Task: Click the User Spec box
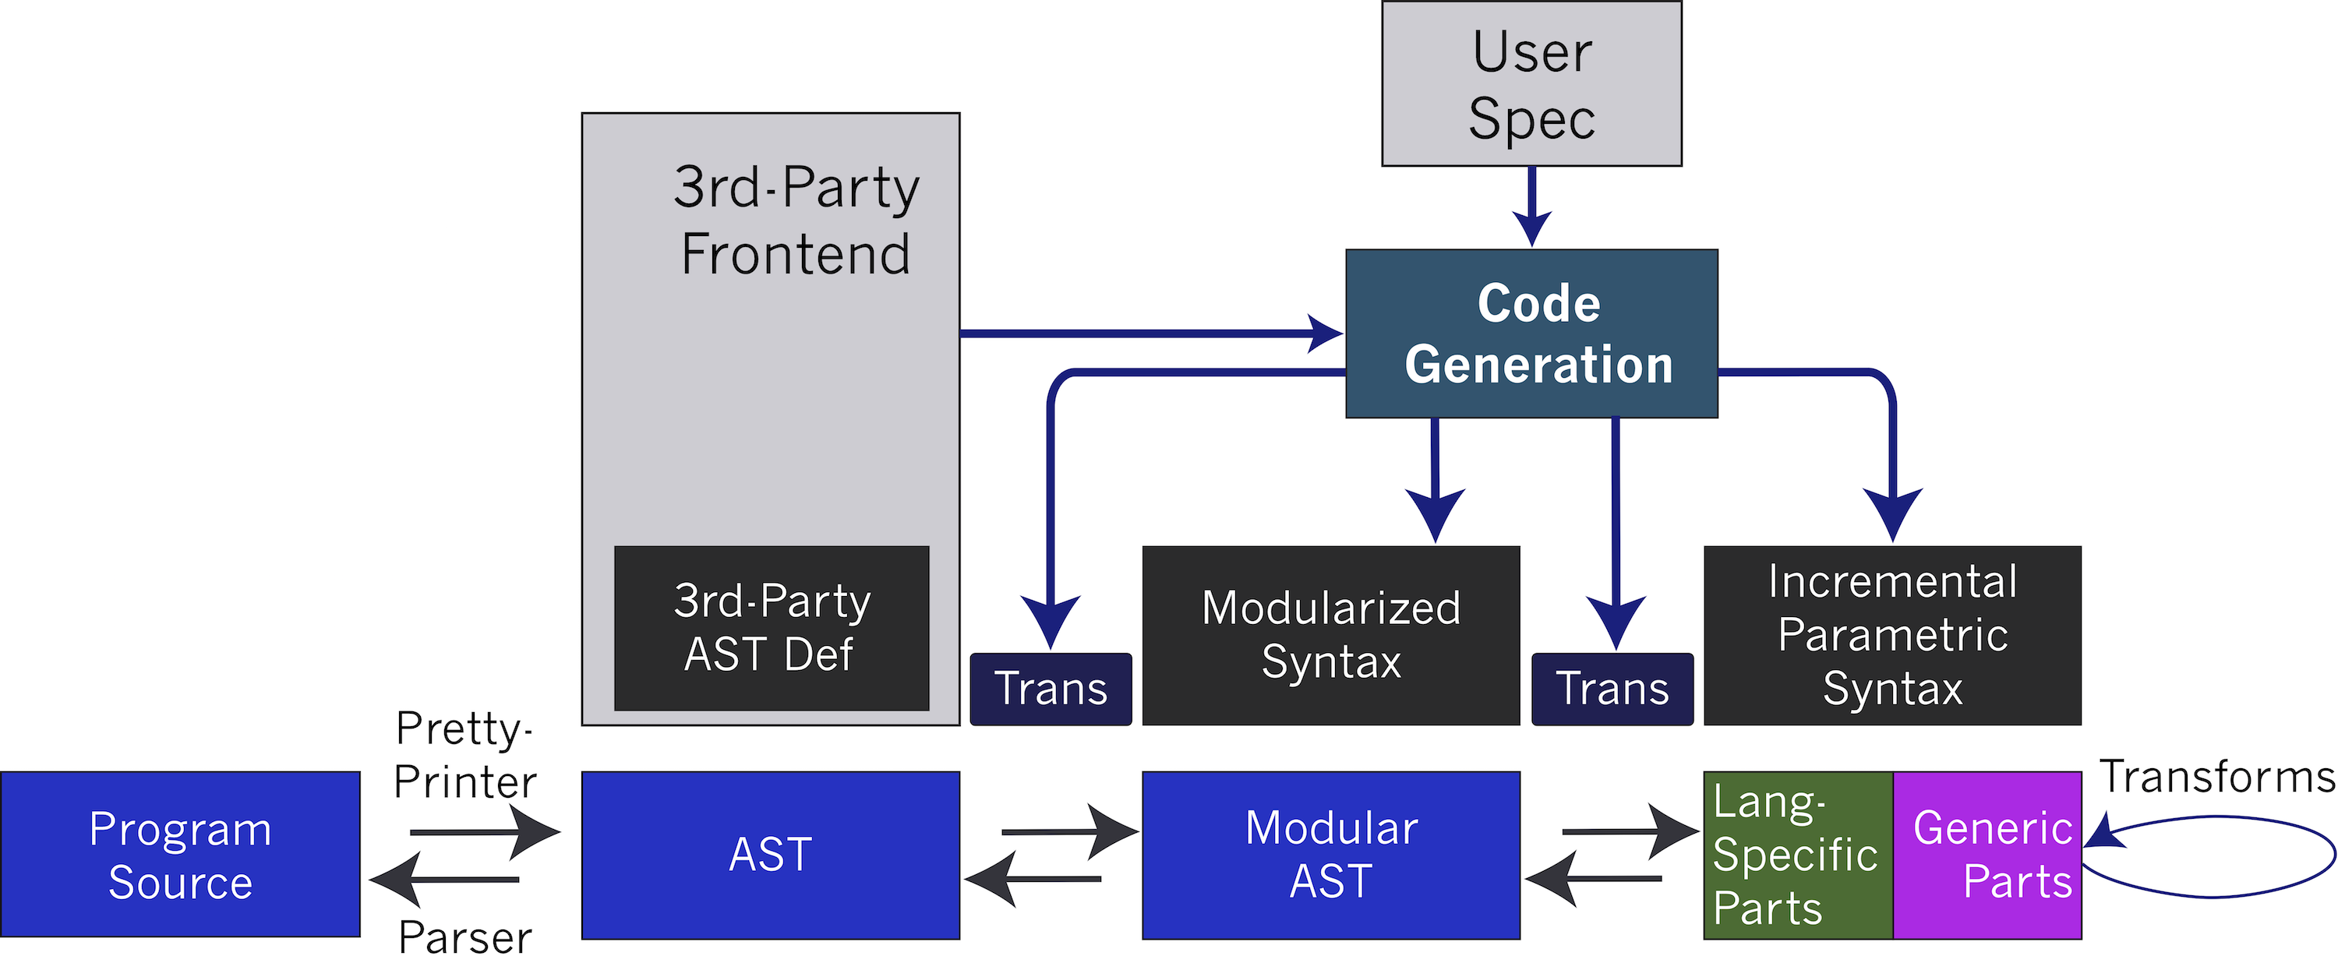(x=1531, y=83)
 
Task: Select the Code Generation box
(x=1531, y=333)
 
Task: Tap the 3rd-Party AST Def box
(x=772, y=628)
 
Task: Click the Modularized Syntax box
(x=1330, y=635)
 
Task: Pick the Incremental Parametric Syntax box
(x=1892, y=635)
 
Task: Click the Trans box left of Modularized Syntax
(x=1051, y=689)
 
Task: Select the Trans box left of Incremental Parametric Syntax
(x=1612, y=689)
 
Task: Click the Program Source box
(x=180, y=854)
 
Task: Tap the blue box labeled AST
(x=771, y=854)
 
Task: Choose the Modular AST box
(x=1330, y=854)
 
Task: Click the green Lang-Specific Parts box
(x=1797, y=854)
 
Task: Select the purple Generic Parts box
(x=1987, y=854)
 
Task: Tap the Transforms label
(x=2216, y=777)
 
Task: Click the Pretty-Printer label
(x=464, y=755)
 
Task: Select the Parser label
(x=464, y=937)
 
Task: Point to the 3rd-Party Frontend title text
(x=796, y=220)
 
